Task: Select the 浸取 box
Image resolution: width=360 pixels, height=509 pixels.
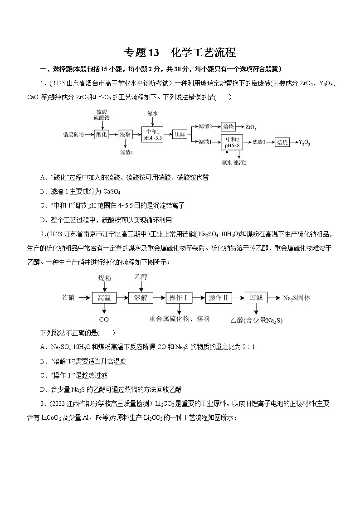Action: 125,134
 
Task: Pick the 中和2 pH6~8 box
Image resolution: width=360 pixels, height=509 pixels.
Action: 232,142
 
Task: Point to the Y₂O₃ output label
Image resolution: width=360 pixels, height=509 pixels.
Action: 304,142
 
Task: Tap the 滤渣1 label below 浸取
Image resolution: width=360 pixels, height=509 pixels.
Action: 126,153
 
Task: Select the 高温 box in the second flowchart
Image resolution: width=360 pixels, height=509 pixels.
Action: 104,298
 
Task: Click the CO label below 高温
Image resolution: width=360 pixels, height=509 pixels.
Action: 104,320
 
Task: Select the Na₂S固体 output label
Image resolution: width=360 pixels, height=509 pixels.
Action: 297,298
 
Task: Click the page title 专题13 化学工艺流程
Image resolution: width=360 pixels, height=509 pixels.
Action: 180,53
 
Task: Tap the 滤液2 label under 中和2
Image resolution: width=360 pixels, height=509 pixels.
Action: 240,162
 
